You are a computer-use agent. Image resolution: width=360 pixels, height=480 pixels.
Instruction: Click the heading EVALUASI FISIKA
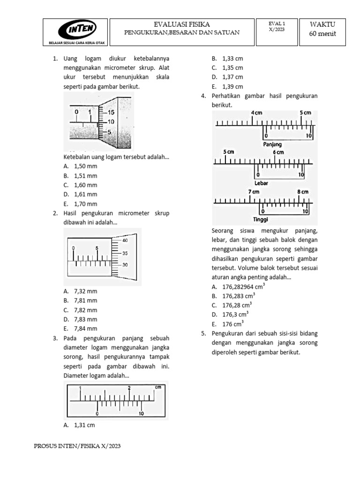182,24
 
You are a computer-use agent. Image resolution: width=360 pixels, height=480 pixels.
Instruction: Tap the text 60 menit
323,33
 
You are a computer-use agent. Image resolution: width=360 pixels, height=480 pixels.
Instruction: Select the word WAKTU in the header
323,24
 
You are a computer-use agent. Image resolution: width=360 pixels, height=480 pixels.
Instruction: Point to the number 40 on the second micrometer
125,240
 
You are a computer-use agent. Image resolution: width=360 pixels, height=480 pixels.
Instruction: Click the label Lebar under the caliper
261,183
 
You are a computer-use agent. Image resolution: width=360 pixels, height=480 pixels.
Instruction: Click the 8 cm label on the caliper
302,192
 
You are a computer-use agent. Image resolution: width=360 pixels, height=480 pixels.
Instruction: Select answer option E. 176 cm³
227,324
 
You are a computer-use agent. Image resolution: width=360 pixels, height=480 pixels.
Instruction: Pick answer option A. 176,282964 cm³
238,286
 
